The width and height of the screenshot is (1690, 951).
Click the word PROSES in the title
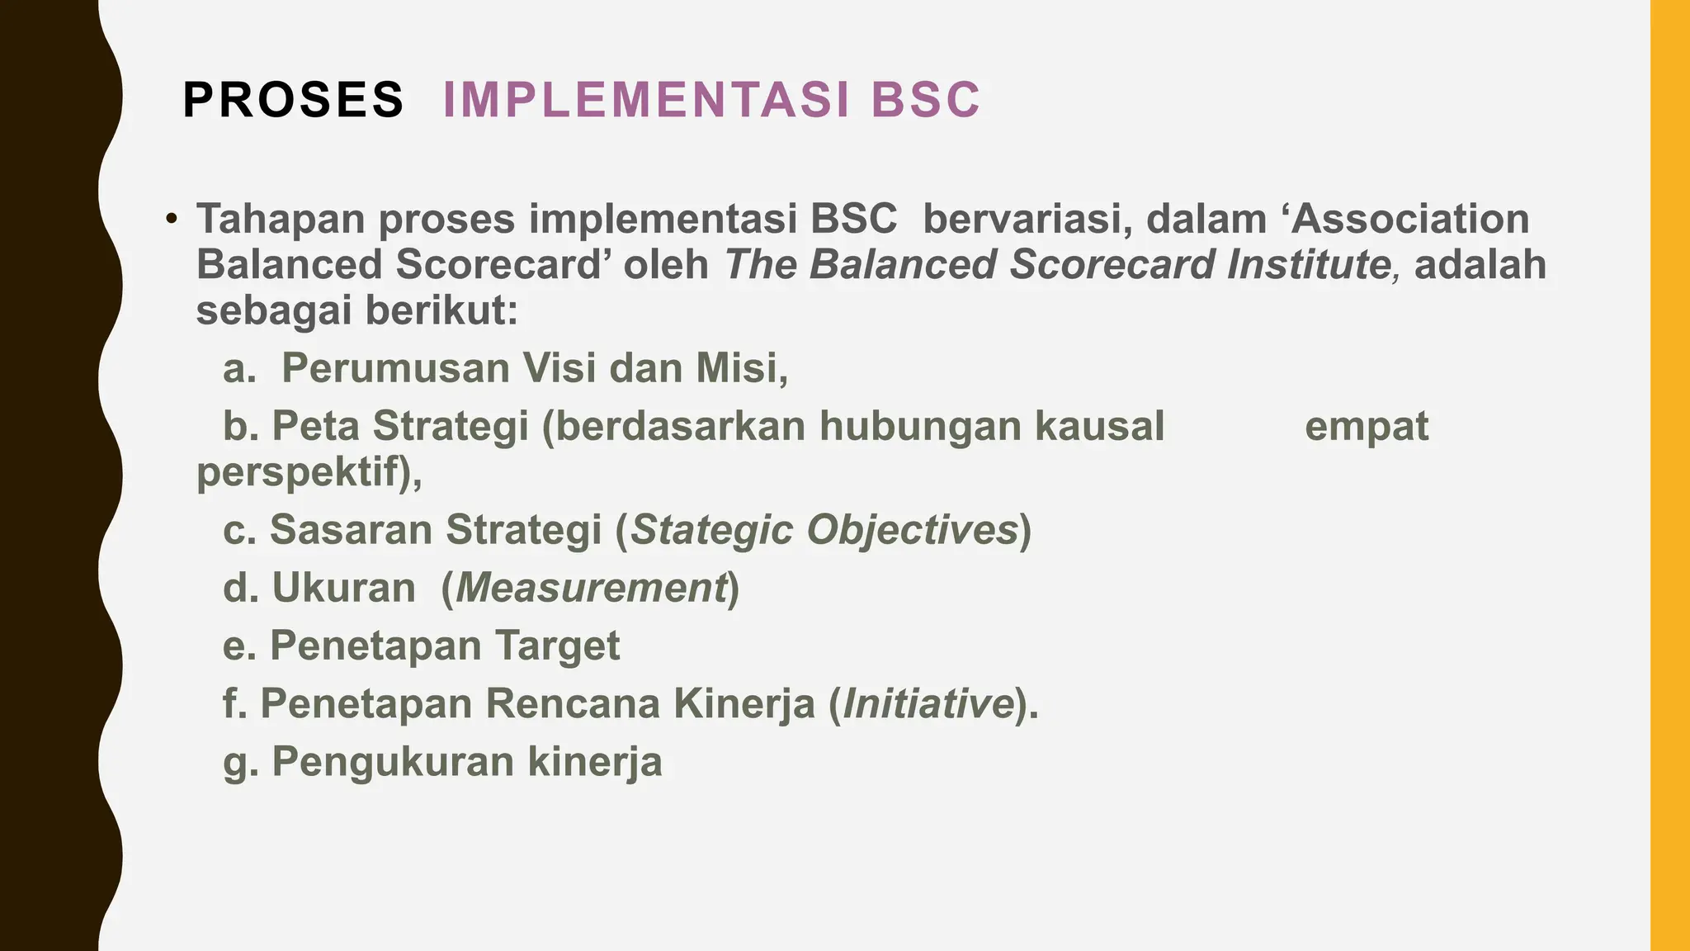[x=293, y=100]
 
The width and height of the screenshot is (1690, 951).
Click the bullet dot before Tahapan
[x=171, y=220]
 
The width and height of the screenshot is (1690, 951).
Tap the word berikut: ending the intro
[x=441, y=311]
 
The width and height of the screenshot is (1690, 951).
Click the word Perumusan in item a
[x=395, y=368]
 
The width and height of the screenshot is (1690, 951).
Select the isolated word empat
[x=1367, y=427]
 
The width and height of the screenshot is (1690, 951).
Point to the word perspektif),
[x=309, y=473]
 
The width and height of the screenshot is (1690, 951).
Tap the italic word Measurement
[x=590, y=589]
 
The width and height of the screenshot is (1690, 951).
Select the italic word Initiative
[x=928, y=704]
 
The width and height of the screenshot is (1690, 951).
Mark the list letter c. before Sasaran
[x=239, y=530]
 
